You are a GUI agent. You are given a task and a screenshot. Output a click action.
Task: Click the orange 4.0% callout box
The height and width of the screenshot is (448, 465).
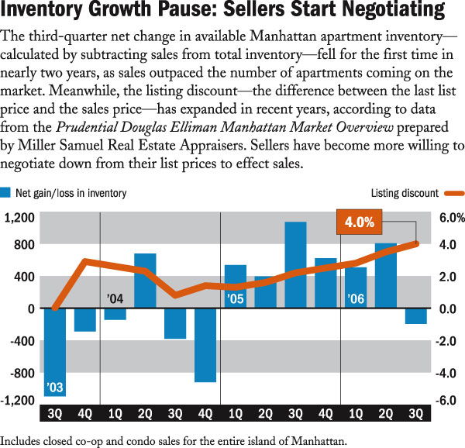(360, 222)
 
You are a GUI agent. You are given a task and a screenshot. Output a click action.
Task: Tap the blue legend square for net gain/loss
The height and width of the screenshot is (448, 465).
(6, 192)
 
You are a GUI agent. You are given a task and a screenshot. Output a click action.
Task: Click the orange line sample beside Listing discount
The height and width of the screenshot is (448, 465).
(453, 193)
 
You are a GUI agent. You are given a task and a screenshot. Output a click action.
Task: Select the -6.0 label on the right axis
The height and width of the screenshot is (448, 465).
(446, 401)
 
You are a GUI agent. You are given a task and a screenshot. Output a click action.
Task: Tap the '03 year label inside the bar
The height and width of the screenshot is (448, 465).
(54, 387)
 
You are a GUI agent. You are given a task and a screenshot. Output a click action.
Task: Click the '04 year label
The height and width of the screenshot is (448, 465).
(115, 298)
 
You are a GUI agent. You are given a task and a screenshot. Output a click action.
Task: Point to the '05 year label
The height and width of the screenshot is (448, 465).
(235, 298)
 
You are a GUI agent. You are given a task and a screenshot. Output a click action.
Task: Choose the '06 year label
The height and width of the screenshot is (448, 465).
(355, 298)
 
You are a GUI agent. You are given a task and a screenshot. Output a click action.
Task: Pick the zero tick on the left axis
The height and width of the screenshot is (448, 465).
(31, 308)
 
